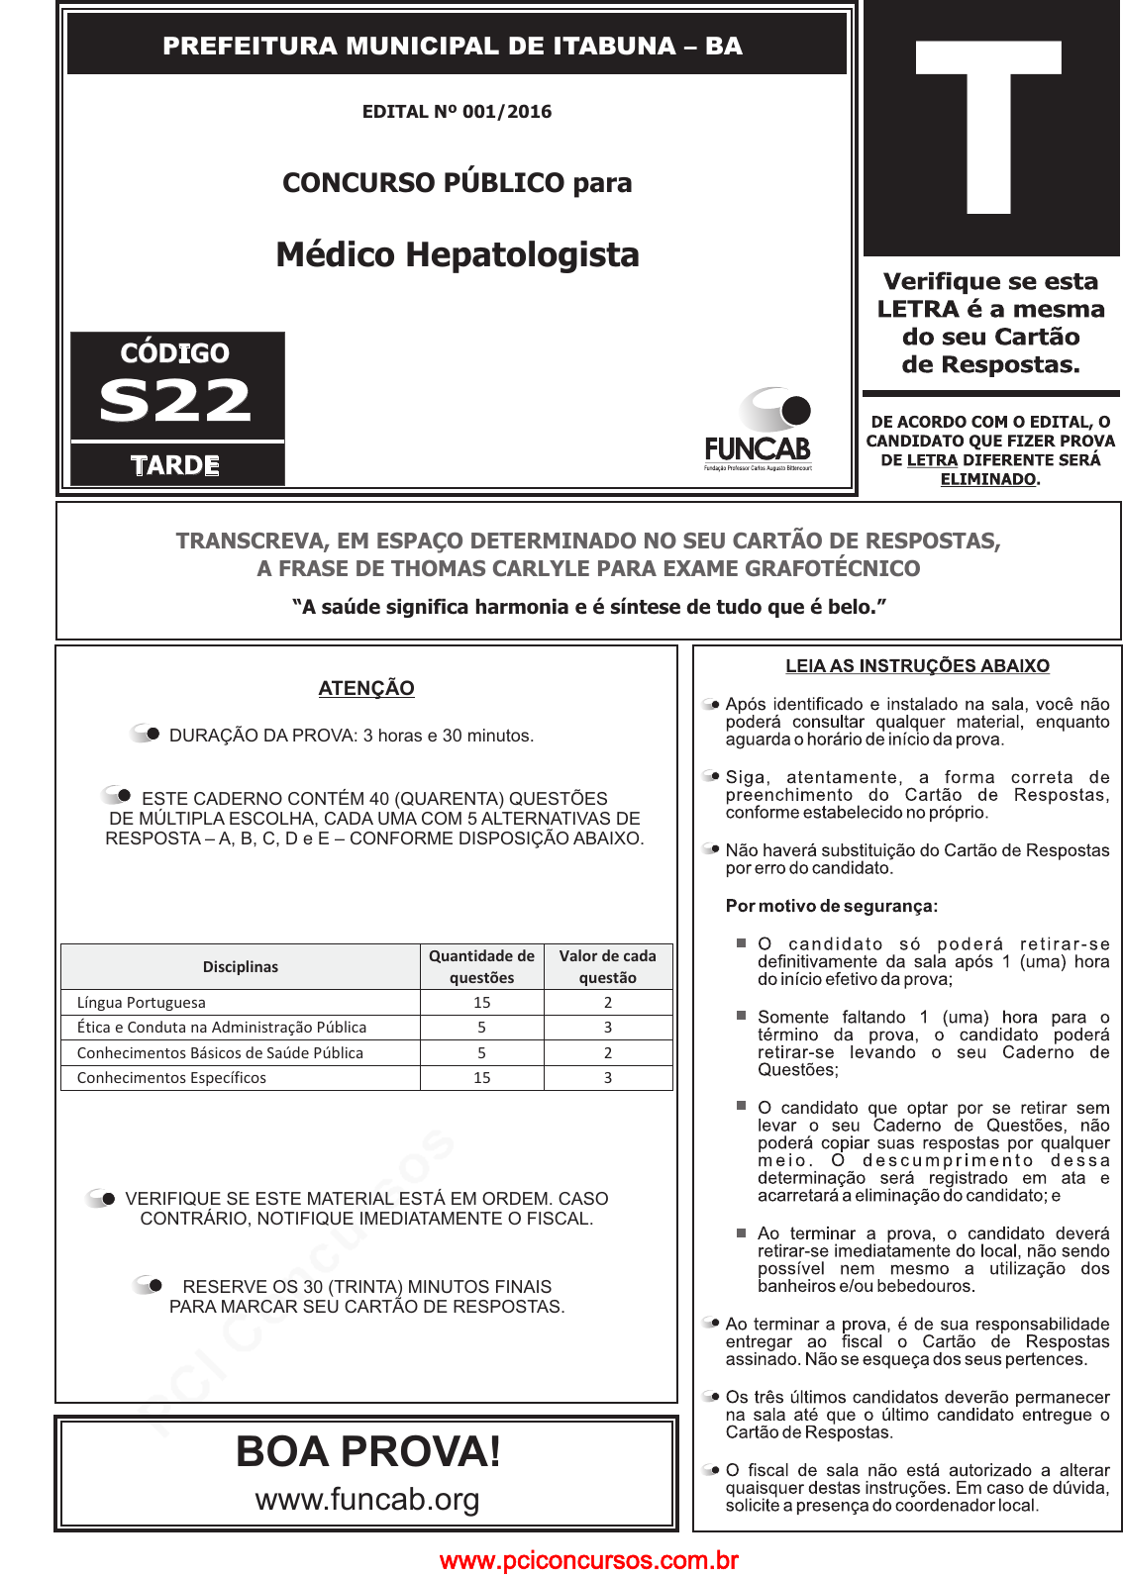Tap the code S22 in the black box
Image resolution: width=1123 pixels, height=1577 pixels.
pyautogui.click(x=175, y=401)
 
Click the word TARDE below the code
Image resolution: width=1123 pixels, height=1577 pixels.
pyautogui.click(x=175, y=465)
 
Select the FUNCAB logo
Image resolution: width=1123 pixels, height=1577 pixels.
pyautogui.click(x=758, y=430)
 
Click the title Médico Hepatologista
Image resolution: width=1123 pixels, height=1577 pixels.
pyautogui.click(x=458, y=254)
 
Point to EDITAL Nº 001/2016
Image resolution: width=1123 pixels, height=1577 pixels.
pyautogui.click(x=457, y=112)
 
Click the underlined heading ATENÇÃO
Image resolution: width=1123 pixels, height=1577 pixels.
pyautogui.click(x=366, y=688)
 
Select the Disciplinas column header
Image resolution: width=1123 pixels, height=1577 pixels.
pyautogui.click(x=241, y=967)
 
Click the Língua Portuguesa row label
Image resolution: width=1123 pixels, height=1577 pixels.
pyautogui.click(x=142, y=1003)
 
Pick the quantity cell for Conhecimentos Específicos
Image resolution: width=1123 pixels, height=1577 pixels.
pyautogui.click(x=482, y=1078)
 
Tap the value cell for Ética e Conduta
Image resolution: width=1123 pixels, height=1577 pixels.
pyautogui.click(x=608, y=1028)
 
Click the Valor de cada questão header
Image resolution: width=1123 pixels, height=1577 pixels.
pyautogui.click(x=608, y=967)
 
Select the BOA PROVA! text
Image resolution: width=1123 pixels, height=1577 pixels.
pyautogui.click(x=368, y=1452)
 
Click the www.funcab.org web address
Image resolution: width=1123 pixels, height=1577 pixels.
pyautogui.click(x=367, y=1500)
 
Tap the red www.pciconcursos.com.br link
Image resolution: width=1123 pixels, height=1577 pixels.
pyautogui.click(x=589, y=1561)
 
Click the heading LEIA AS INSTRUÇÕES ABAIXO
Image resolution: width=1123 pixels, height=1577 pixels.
pyautogui.click(x=917, y=666)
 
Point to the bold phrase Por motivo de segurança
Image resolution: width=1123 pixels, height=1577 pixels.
pyautogui.click(x=832, y=906)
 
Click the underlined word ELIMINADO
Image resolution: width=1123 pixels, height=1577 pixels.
pyautogui.click(x=988, y=479)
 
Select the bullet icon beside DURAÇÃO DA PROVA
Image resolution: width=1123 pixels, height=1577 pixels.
pyautogui.click(x=147, y=734)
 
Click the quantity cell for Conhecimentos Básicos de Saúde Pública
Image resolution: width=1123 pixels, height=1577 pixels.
pyautogui.click(x=482, y=1053)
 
